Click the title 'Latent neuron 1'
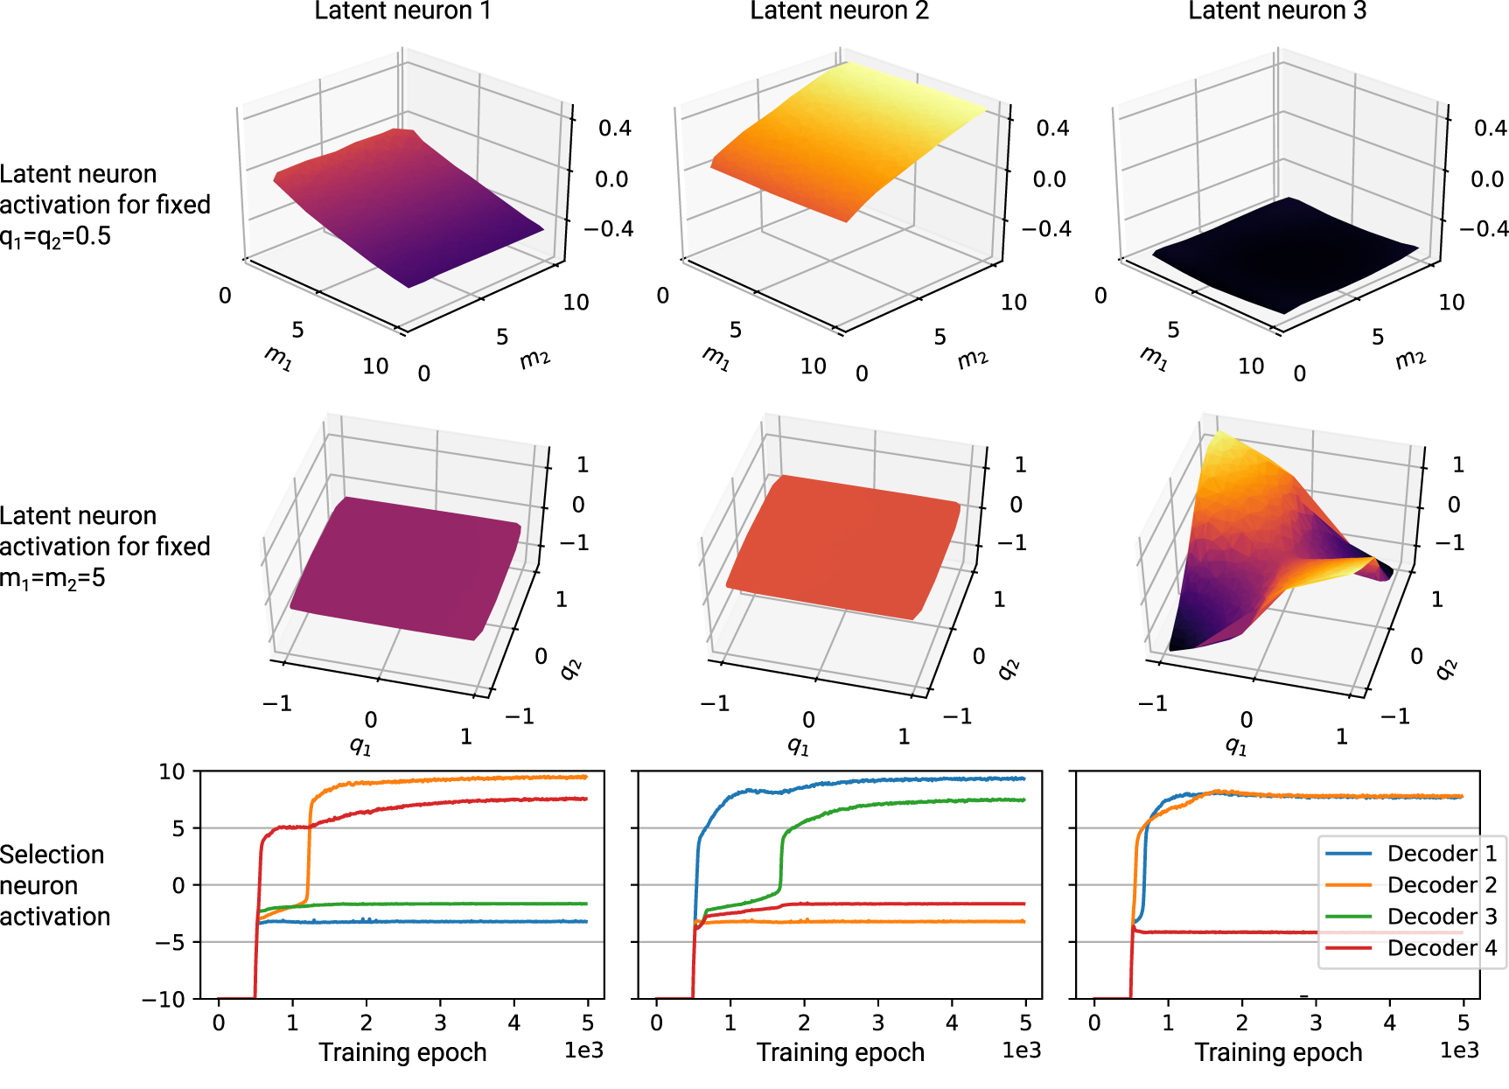(x=402, y=10)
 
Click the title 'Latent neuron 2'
(x=839, y=10)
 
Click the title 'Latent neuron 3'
(x=1276, y=10)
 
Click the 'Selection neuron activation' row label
(x=55, y=885)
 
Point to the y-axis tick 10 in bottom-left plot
(x=171, y=771)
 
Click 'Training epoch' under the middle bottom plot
(x=840, y=1052)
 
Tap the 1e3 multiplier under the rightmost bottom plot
(x=1459, y=1050)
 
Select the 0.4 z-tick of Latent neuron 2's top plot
(x=1052, y=129)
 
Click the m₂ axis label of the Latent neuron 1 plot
(x=535, y=358)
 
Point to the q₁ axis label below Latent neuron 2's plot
(x=798, y=745)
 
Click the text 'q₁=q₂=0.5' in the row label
(x=55, y=236)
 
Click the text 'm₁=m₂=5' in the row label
(x=52, y=578)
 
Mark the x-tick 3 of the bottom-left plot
(x=440, y=1023)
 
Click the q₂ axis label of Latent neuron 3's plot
(x=1446, y=669)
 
